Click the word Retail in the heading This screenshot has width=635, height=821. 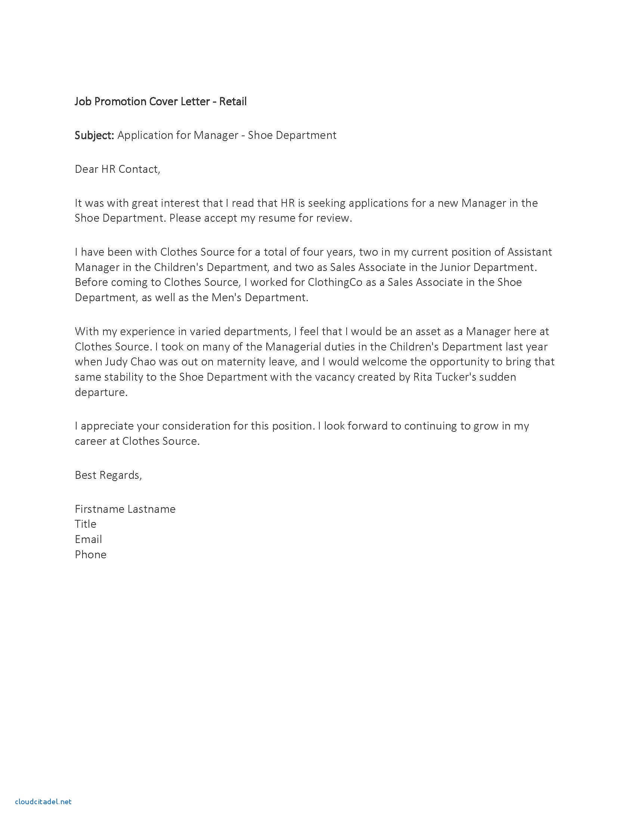[233, 102]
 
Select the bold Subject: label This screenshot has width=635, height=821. [95, 135]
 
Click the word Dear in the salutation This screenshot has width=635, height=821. [87, 169]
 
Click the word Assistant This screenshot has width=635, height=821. [530, 252]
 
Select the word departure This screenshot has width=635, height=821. [101, 392]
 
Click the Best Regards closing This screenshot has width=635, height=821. [108, 475]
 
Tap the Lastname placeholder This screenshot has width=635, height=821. [151, 509]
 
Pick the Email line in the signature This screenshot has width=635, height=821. [89, 540]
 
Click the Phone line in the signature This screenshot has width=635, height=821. [91, 555]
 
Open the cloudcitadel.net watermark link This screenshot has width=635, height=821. [43, 802]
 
